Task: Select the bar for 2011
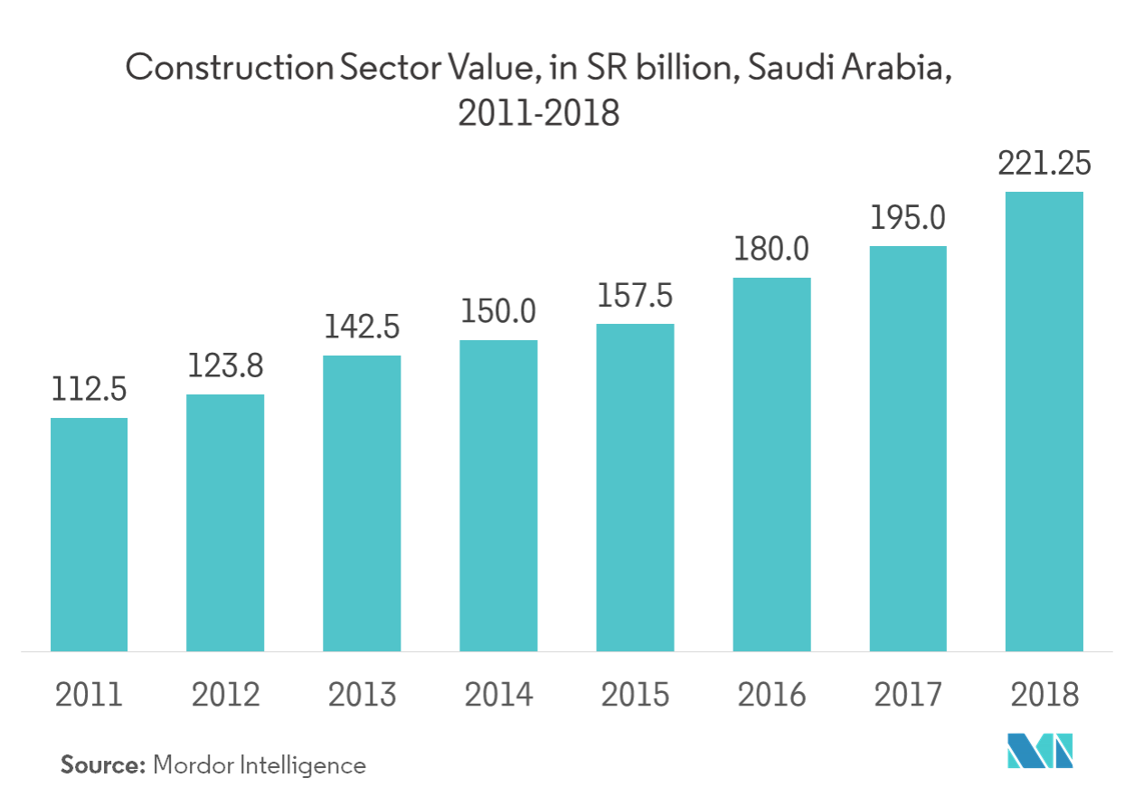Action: coord(90,534)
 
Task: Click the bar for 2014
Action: coord(498,495)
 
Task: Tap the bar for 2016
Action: coord(771,464)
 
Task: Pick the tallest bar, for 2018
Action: coord(1044,421)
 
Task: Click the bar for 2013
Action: coord(362,503)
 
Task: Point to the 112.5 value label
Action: coord(90,391)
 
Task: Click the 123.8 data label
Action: coord(226,367)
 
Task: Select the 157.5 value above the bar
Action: coord(635,297)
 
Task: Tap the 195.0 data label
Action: coord(907,219)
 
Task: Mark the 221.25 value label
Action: coord(1044,165)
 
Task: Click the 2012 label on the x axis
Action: coord(226,695)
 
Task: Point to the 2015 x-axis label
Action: coord(635,695)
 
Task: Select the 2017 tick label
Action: coord(907,695)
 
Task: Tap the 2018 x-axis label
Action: coord(1044,695)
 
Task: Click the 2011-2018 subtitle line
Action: coord(539,115)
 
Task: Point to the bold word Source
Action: coord(103,765)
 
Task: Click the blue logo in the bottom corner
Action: coord(1039,750)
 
